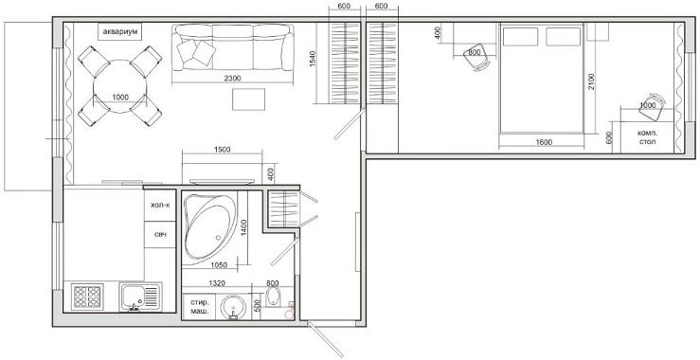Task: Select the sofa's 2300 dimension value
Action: pos(232,79)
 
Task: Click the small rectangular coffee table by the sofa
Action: pos(248,99)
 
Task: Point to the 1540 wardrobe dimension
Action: pos(313,60)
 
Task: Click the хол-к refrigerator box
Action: pos(160,206)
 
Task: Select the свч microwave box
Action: pos(160,235)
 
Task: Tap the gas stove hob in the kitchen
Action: pos(87,297)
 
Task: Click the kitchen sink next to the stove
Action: pos(140,297)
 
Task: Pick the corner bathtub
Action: pos(209,227)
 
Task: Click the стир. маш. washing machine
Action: pos(200,306)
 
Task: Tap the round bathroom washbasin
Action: pos(233,307)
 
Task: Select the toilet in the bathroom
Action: pos(272,297)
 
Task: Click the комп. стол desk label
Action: pos(647,137)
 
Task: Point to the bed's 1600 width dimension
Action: pos(544,142)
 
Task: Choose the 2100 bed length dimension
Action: pos(591,81)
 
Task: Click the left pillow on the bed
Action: pos(520,37)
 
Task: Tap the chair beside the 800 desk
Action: pos(476,58)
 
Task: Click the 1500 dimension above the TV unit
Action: pos(222,150)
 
